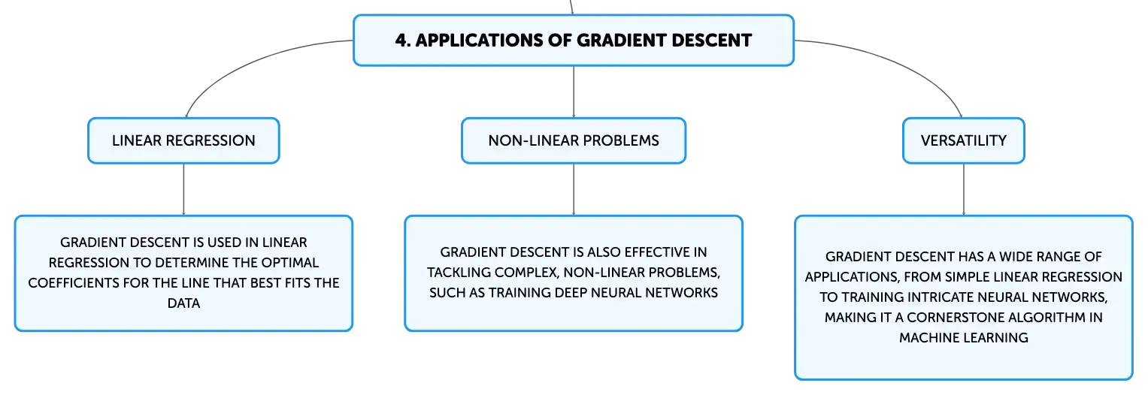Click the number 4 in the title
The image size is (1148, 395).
coord(401,41)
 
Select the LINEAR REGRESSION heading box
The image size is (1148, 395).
coord(183,140)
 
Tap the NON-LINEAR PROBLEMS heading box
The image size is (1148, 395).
coord(574,140)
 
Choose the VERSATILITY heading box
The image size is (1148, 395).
coord(964,140)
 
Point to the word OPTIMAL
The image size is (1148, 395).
coord(290,263)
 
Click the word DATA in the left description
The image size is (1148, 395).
coord(183,303)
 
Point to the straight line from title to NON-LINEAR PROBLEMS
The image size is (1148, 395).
coord(574,92)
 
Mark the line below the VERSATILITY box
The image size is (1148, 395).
coord(964,189)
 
